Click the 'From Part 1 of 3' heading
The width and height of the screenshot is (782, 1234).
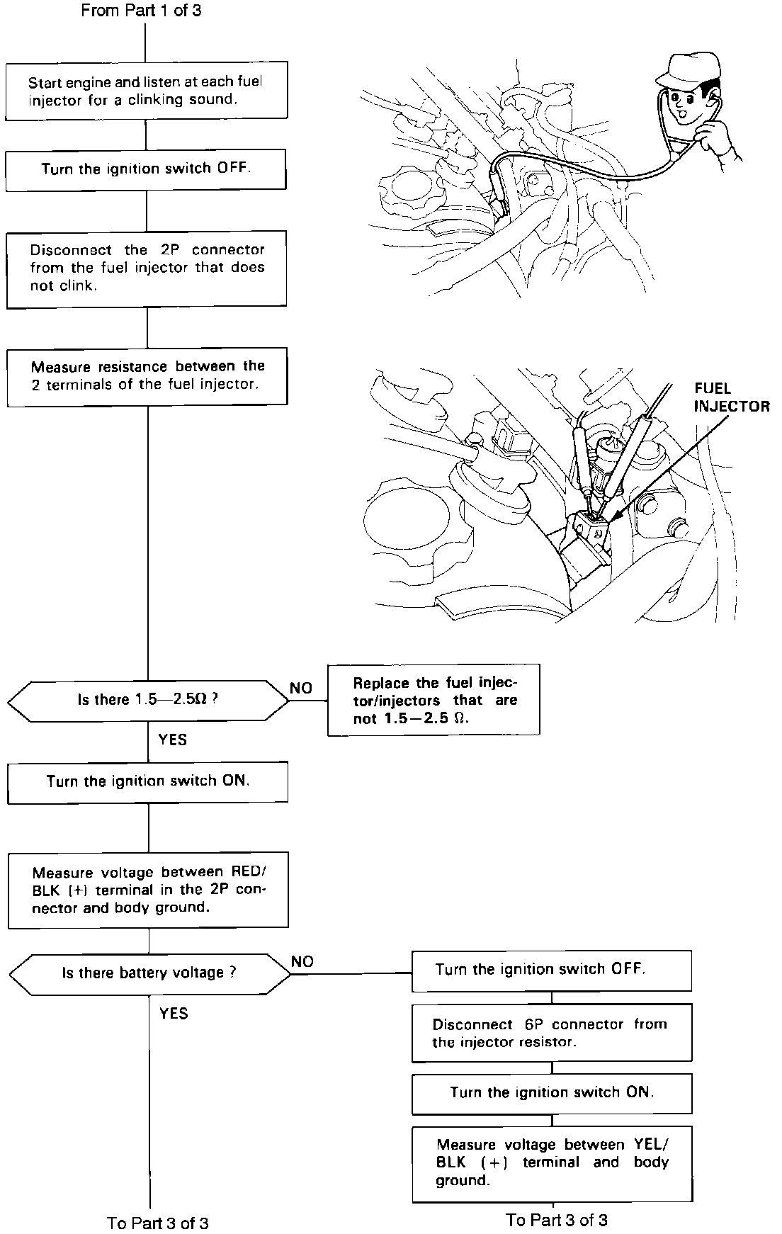[141, 11]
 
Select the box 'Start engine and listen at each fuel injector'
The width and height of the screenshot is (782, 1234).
[146, 91]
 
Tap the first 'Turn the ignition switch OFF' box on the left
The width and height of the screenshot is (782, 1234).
[146, 169]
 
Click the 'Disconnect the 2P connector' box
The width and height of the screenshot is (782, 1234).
[147, 268]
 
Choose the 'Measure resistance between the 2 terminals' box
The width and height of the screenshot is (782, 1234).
[147, 375]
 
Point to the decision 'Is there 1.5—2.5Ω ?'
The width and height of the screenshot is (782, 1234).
[148, 701]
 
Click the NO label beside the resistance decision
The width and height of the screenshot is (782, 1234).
[301, 688]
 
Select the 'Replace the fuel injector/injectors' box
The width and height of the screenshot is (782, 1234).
[433, 700]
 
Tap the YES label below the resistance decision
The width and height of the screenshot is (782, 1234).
[172, 740]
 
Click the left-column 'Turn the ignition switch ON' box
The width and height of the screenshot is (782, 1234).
[147, 781]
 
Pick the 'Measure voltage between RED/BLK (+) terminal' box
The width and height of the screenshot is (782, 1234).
[148, 890]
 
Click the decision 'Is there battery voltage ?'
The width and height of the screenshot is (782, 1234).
[149, 973]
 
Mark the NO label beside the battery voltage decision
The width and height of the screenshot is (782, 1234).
[302, 961]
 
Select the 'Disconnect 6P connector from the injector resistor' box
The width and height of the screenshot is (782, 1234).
[551, 1033]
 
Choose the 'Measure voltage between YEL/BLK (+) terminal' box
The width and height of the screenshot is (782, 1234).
[552, 1162]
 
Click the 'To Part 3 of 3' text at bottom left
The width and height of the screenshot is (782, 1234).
[158, 1223]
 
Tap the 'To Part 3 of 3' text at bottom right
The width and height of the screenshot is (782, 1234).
[557, 1220]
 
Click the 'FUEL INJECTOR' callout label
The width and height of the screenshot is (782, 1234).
[731, 397]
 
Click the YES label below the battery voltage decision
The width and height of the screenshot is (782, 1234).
[174, 1013]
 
